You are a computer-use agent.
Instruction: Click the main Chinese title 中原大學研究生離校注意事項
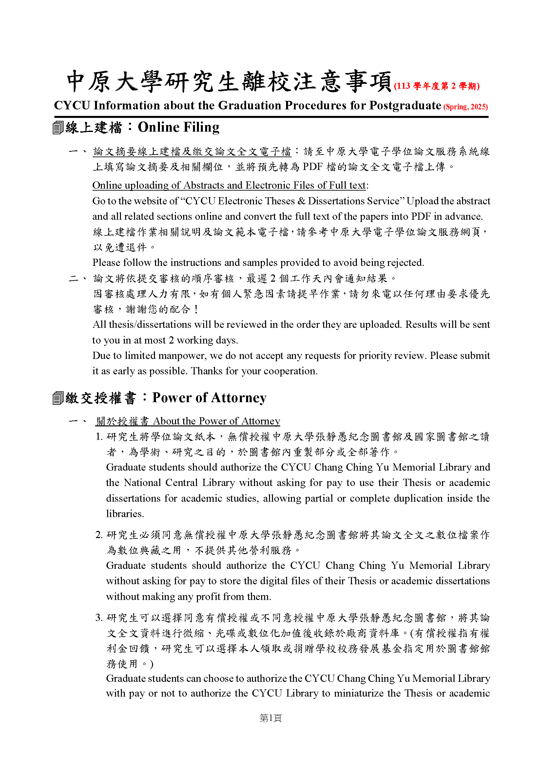(x=229, y=82)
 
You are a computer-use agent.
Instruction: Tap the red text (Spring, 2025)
(x=465, y=107)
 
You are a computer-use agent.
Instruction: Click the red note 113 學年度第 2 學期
(x=436, y=86)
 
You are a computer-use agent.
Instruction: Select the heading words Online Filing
(x=179, y=127)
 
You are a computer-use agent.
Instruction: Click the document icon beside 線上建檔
(x=58, y=128)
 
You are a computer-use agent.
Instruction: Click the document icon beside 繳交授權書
(x=58, y=398)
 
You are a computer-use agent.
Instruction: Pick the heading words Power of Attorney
(x=209, y=398)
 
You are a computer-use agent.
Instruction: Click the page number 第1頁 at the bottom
(x=271, y=718)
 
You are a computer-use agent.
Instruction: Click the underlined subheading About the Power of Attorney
(x=216, y=421)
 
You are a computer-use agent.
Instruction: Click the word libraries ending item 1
(x=125, y=514)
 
